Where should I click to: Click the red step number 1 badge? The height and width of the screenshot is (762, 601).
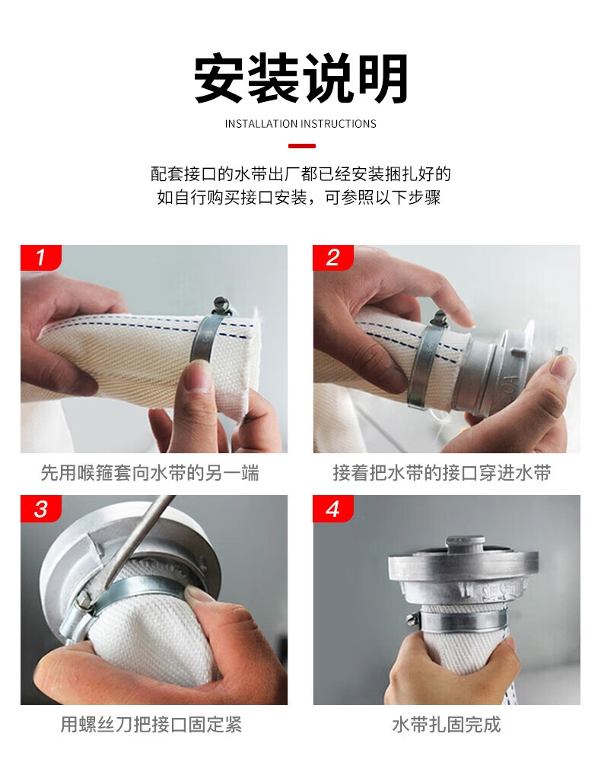point(41,257)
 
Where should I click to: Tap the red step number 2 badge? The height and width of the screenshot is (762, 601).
point(333,257)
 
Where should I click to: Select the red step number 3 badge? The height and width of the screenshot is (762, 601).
point(41,508)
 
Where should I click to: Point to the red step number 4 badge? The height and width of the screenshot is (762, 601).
point(333,508)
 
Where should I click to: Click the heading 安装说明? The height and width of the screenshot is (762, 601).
point(300,79)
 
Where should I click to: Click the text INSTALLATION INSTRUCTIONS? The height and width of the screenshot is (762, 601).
point(300,124)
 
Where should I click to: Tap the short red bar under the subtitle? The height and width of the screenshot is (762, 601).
point(301,146)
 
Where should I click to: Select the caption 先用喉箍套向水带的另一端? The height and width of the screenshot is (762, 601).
point(150,473)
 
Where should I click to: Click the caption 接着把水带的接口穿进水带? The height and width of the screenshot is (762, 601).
point(442,473)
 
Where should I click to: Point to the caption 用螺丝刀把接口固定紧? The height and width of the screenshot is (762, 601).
point(151,724)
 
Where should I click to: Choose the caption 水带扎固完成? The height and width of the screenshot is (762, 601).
point(447,724)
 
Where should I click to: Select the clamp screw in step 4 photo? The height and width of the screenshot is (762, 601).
point(412,618)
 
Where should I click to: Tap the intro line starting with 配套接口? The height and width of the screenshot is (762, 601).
point(300,173)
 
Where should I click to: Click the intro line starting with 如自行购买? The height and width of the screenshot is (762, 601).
point(298,197)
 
